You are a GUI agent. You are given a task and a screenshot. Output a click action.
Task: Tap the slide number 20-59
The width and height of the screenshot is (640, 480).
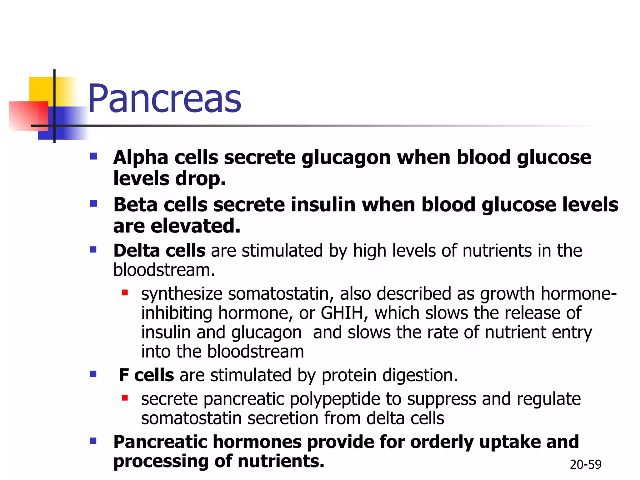[x=585, y=465]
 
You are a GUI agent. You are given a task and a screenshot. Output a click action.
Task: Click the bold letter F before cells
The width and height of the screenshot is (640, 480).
[x=124, y=375]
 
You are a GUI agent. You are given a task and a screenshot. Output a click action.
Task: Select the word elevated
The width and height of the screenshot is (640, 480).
[x=195, y=226]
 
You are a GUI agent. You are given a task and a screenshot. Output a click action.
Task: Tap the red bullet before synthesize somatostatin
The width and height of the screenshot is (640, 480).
[x=125, y=293]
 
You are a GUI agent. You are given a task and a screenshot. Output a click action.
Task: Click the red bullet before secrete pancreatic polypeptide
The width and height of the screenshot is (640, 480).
[x=125, y=398]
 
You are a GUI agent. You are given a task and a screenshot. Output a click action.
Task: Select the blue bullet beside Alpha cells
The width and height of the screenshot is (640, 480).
[x=93, y=156]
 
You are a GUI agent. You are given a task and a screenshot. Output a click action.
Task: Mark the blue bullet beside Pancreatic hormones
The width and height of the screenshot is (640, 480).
[x=93, y=441]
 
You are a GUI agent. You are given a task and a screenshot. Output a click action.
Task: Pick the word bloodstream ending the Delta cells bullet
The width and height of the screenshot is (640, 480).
[x=164, y=270]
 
